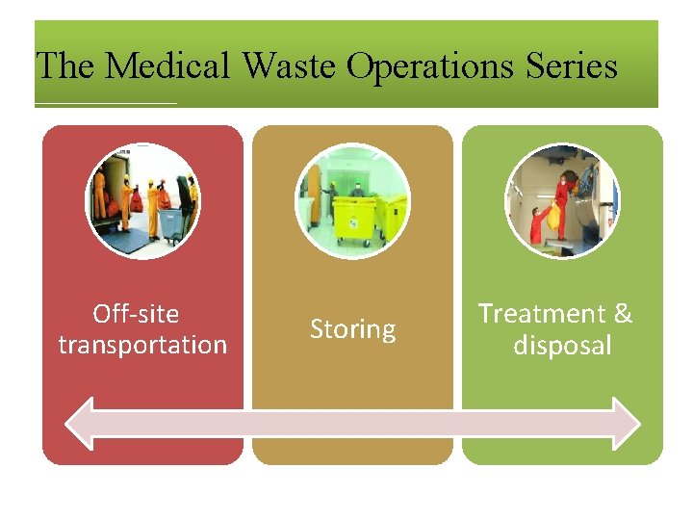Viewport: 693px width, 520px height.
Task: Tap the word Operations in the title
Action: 431,66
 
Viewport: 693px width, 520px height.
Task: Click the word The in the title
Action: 65,66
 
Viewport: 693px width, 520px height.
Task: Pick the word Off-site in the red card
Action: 136,314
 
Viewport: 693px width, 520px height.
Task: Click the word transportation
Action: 142,345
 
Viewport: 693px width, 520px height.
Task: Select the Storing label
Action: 352,329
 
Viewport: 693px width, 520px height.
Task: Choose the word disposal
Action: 562,345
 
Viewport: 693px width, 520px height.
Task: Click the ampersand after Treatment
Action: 623,314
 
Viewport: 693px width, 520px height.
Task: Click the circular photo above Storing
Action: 352,201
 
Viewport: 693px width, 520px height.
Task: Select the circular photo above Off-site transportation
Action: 142,201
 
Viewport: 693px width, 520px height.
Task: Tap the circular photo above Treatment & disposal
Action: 562,201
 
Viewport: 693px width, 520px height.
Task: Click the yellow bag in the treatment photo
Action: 552,217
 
